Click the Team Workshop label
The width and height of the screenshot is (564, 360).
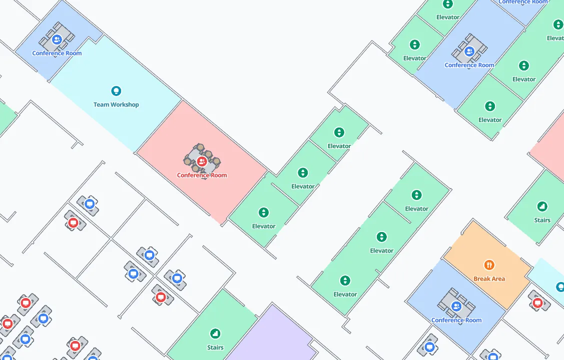coord(116,104)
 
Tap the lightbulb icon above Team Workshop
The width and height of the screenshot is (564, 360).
coord(116,91)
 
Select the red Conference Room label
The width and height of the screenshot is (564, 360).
coord(202,175)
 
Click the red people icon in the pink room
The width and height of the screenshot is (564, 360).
coord(202,161)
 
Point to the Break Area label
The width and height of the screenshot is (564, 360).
coord(489,278)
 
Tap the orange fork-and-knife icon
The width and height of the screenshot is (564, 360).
coord(489,265)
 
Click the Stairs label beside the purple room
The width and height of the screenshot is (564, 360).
coord(215,347)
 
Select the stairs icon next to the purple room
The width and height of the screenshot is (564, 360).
coord(215,333)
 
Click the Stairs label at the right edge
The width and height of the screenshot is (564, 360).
coord(542,220)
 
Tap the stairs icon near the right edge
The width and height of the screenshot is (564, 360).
coord(542,206)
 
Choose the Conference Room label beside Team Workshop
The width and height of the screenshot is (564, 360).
coord(57,53)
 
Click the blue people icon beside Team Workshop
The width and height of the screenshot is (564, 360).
coord(57,39)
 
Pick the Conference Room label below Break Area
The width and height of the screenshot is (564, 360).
coord(456,320)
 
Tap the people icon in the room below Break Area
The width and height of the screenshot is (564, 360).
coord(456,306)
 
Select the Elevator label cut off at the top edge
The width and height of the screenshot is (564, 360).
coord(447,17)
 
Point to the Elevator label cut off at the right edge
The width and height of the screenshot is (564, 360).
coord(555,38)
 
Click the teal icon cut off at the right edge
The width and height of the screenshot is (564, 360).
coord(560,286)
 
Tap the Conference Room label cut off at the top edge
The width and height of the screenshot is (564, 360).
coord(523,2)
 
